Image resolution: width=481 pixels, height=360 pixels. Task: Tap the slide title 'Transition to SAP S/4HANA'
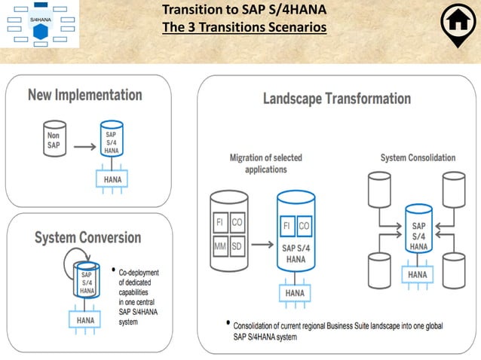coord(244,11)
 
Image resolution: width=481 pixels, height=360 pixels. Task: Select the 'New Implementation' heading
coord(84,96)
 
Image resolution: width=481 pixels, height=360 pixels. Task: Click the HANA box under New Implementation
coord(112,179)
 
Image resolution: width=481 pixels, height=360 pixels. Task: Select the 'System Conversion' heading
coord(87,238)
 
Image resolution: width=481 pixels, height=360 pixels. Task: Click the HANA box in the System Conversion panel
coord(85,320)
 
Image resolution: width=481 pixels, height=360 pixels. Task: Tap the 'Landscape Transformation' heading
coord(336,99)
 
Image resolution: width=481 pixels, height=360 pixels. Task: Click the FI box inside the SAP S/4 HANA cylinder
coord(288,225)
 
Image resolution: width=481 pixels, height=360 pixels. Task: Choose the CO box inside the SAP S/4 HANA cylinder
coord(305,225)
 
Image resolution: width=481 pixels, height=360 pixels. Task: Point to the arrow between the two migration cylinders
coord(262,245)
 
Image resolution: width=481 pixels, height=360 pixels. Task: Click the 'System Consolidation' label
coord(418,158)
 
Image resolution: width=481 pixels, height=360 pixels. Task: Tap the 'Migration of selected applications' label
coord(259,163)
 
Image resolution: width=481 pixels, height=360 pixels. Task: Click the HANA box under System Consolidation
coord(417,276)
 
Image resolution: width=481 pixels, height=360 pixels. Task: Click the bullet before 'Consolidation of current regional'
coord(228,324)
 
